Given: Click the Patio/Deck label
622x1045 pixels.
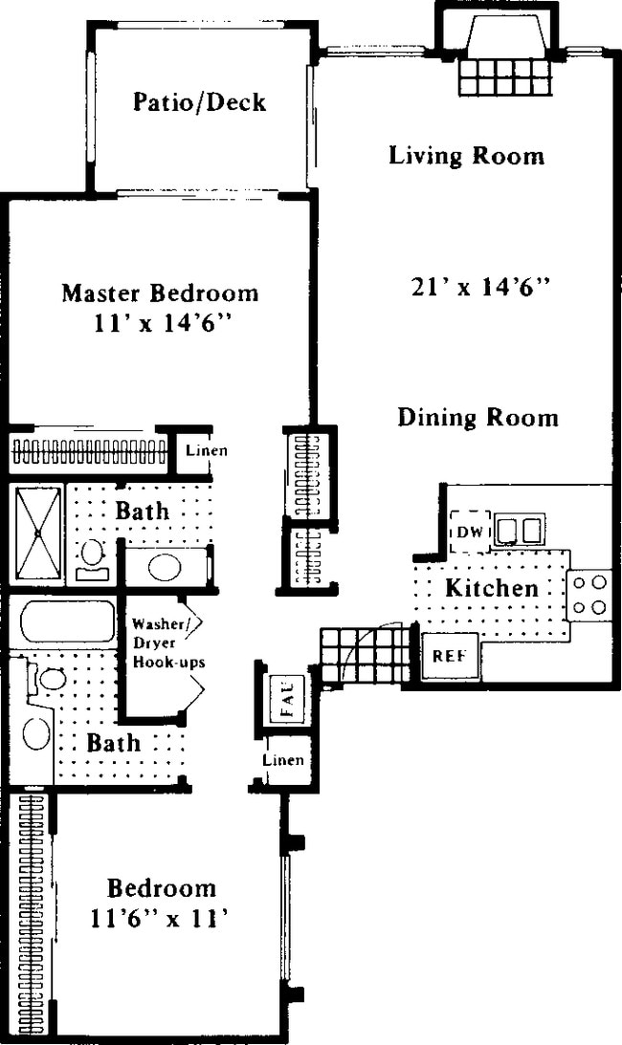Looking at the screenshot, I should coord(198,101).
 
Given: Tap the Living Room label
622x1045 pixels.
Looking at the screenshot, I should coord(466,155).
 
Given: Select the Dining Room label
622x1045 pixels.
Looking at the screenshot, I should coord(478,417).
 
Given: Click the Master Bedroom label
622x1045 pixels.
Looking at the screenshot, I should coord(160,293).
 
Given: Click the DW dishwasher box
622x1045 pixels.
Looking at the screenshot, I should coord(470,532).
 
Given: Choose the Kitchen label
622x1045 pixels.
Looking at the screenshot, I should coord(492,588).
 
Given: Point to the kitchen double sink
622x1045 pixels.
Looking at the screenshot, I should coord(519,529).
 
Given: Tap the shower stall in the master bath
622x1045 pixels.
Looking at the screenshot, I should coord(36,533).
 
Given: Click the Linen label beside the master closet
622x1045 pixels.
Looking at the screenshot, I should coord(207,450).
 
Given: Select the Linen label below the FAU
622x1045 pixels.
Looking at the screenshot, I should coord(284,761).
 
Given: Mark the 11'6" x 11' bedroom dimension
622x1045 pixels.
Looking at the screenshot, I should coord(161,919).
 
